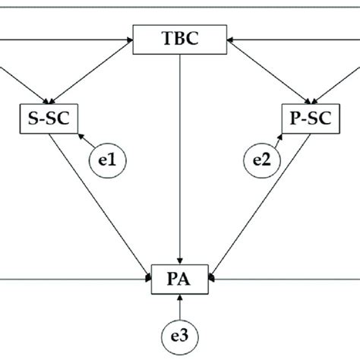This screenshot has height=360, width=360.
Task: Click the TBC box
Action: (x=179, y=39)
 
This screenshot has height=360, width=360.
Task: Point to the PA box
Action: (x=179, y=279)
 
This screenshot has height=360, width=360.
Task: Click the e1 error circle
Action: (x=108, y=160)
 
